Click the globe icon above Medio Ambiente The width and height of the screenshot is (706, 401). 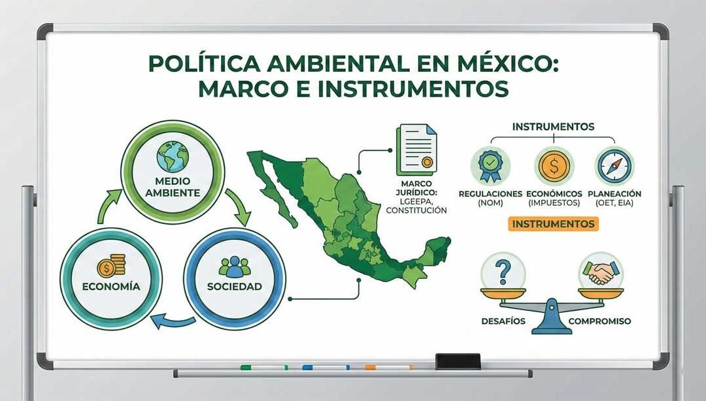coord(173,157)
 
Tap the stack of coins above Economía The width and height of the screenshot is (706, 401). coord(111,266)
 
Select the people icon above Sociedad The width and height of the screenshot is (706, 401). coord(235,266)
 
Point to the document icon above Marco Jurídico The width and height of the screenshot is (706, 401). coord(416,150)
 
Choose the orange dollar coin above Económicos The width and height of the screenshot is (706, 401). coord(554,166)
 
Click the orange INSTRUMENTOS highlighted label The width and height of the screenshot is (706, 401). coord(554,223)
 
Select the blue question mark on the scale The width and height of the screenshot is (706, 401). coord(503,271)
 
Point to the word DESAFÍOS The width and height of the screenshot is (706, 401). coord(503,321)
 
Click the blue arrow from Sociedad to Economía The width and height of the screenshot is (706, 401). coord(173,321)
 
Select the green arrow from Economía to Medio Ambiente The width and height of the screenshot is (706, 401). coord(108,206)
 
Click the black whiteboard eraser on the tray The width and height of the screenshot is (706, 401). coord(458,361)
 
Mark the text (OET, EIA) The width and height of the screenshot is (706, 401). coord(614,203)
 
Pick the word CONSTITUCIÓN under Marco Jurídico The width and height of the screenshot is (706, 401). coord(416,210)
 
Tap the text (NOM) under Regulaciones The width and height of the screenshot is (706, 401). coord(490,203)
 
